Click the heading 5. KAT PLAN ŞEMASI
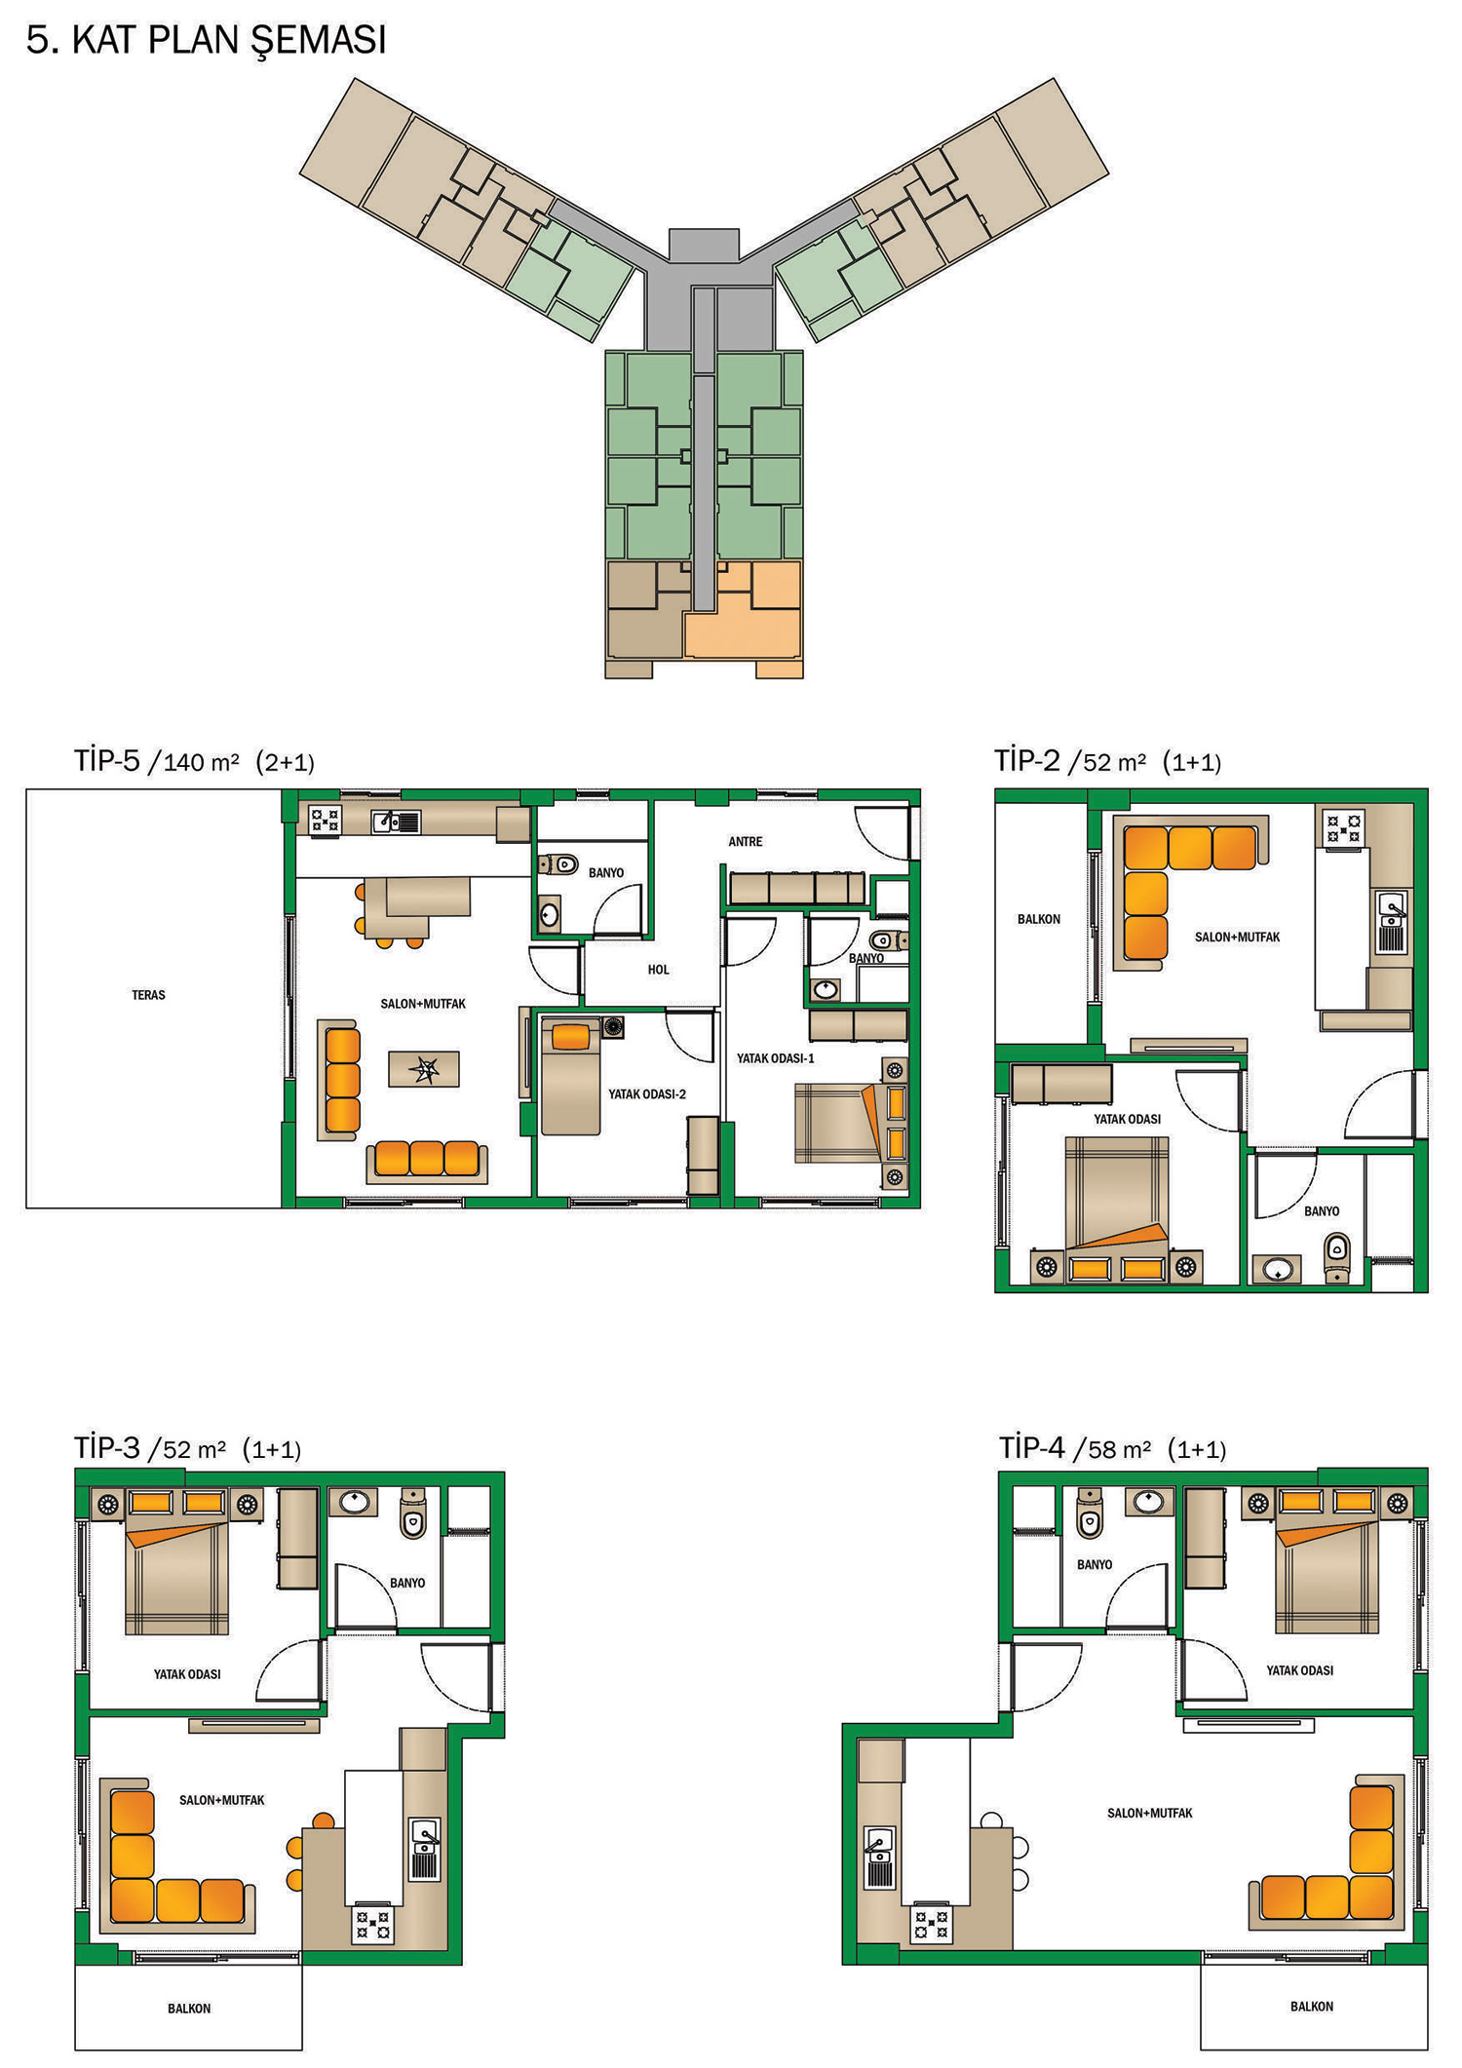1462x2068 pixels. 207,41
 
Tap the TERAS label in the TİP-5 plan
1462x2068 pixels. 148,995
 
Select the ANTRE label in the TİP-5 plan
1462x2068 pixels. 746,841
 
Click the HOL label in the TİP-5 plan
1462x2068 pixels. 659,970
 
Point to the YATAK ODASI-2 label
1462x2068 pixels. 647,1094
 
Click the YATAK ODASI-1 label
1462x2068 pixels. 776,1058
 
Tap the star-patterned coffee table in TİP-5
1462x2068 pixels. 424,1069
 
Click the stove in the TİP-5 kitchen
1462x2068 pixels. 326,820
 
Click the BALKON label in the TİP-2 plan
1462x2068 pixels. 1039,919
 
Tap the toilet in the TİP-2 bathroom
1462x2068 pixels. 1337,1257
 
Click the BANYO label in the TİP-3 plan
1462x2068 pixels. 407,1583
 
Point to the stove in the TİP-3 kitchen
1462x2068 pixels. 372,1923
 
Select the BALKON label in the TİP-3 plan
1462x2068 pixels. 189,2009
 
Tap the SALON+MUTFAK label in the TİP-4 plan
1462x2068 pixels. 1150,1814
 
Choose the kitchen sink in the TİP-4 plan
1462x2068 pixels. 879,1857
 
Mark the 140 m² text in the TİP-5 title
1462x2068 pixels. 201,762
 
